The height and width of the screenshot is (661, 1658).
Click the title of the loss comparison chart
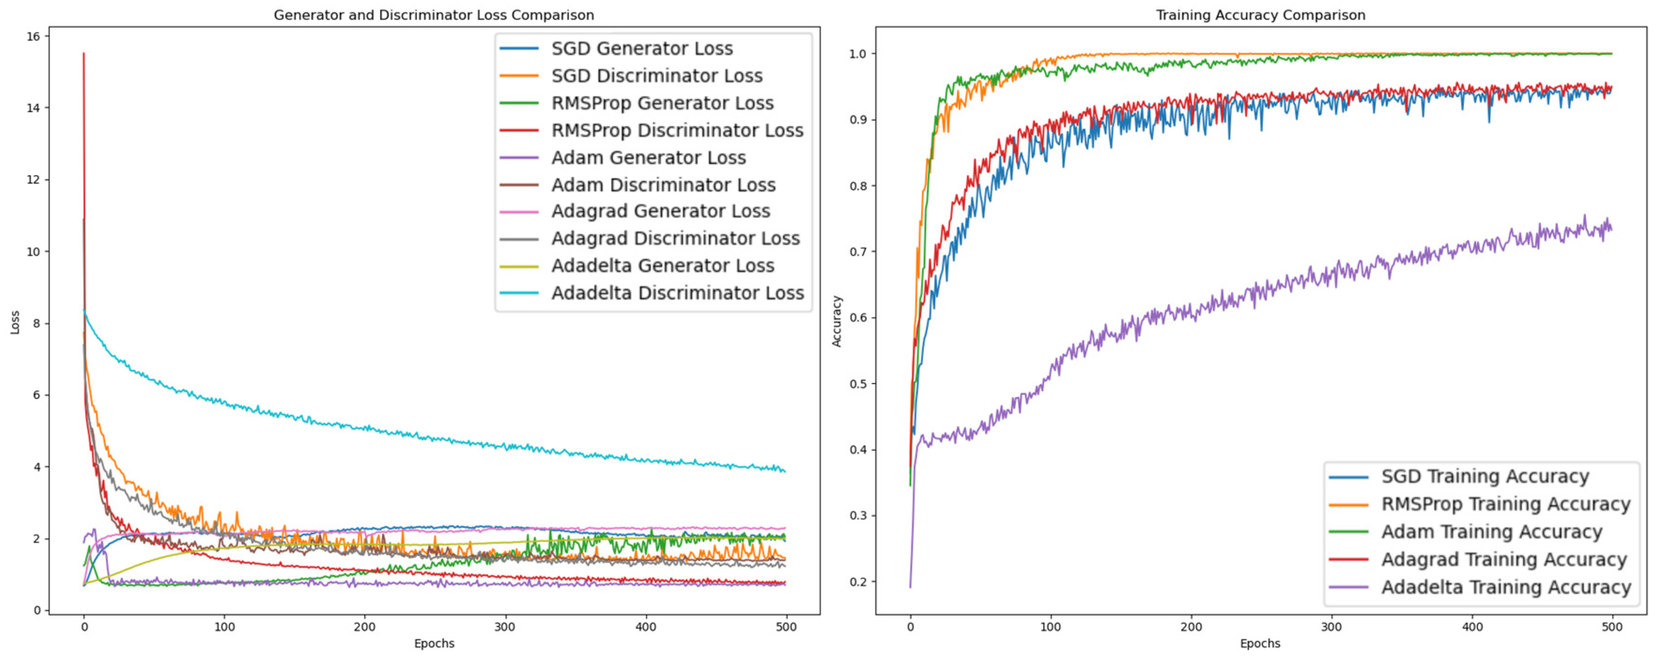pyautogui.click(x=433, y=15)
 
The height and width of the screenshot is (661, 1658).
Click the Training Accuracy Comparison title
pyautogui.click(x=1260, y=15)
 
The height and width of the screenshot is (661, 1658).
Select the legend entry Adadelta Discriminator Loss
pyautogui.click(x=677, y=293)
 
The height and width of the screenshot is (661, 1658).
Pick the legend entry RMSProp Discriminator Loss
pyautogui.click(x=677, y=130)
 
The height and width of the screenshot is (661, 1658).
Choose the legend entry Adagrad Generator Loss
pyautogui.click(x=660, y=211)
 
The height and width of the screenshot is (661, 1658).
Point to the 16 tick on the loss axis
pyautogui.click(x=33, y=37)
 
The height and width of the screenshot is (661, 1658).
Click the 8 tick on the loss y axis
pyautogui.click(x=37, y=323)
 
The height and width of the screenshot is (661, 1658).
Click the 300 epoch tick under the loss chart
pyautogui.click(x=505, y=627)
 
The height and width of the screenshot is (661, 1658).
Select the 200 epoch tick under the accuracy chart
pyautogui.click(x=1191, y=627)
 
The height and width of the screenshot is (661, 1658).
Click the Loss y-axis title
pyautogui.click(x=15, y=323)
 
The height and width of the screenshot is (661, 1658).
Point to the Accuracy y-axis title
pyautogui.click(x=837, y=321)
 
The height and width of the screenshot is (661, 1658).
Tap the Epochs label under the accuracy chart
pyautogui.click(x=1260, y=643)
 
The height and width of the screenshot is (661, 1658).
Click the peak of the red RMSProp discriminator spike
pyautogui.click(x=84, y=54)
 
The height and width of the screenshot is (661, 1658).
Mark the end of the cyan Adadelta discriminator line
pyautogui.click(x=785, y=472)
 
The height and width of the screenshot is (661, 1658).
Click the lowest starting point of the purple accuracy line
pyautogui.click(x=910, y=587)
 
